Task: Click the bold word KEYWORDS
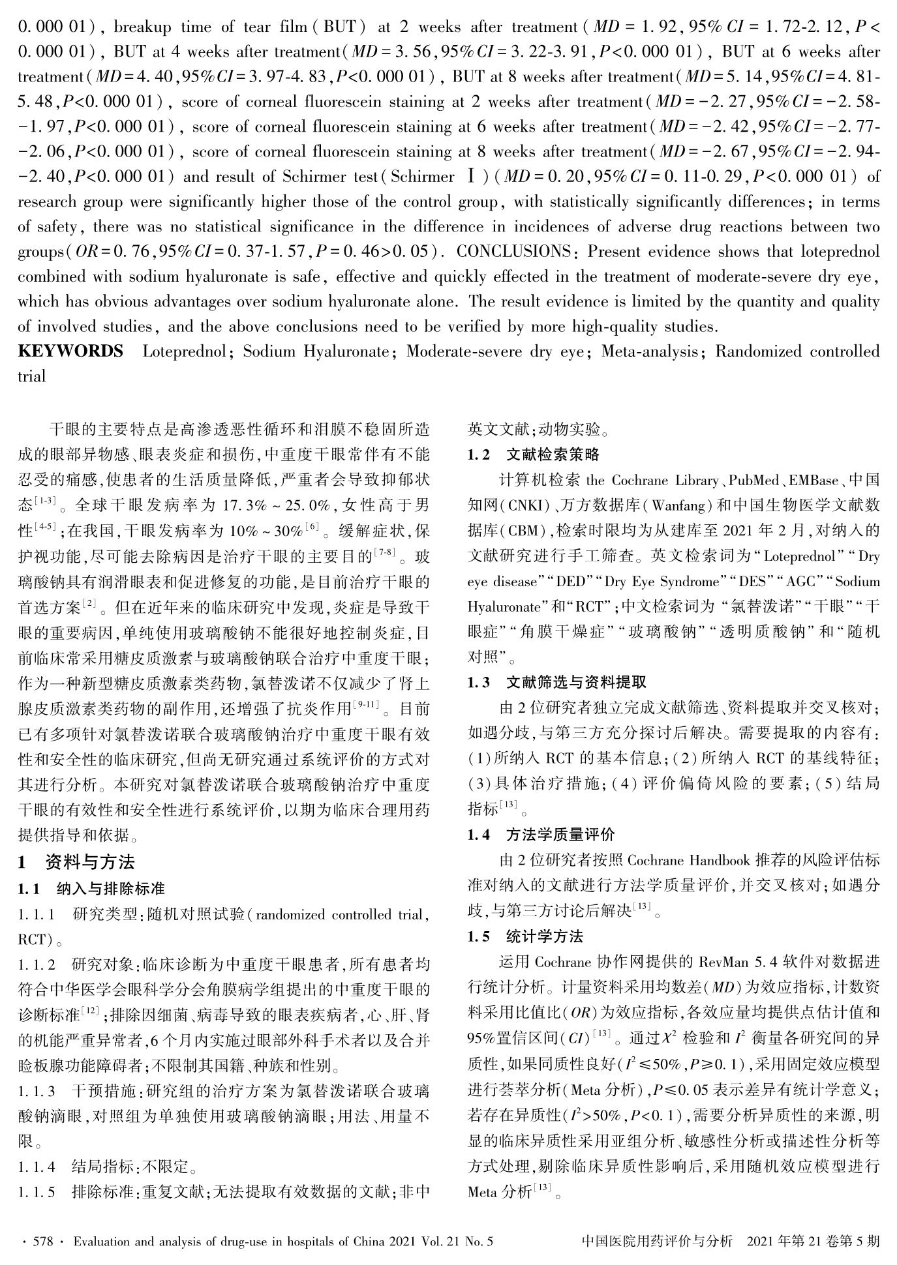click(70, 351)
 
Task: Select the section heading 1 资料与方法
click(76, 862)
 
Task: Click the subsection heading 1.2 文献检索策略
click(533, 454)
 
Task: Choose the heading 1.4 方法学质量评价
click(541, 835)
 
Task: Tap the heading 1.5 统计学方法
click(525, 937)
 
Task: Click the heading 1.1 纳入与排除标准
click(91, 888)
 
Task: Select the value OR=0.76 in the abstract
click(103, 252)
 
